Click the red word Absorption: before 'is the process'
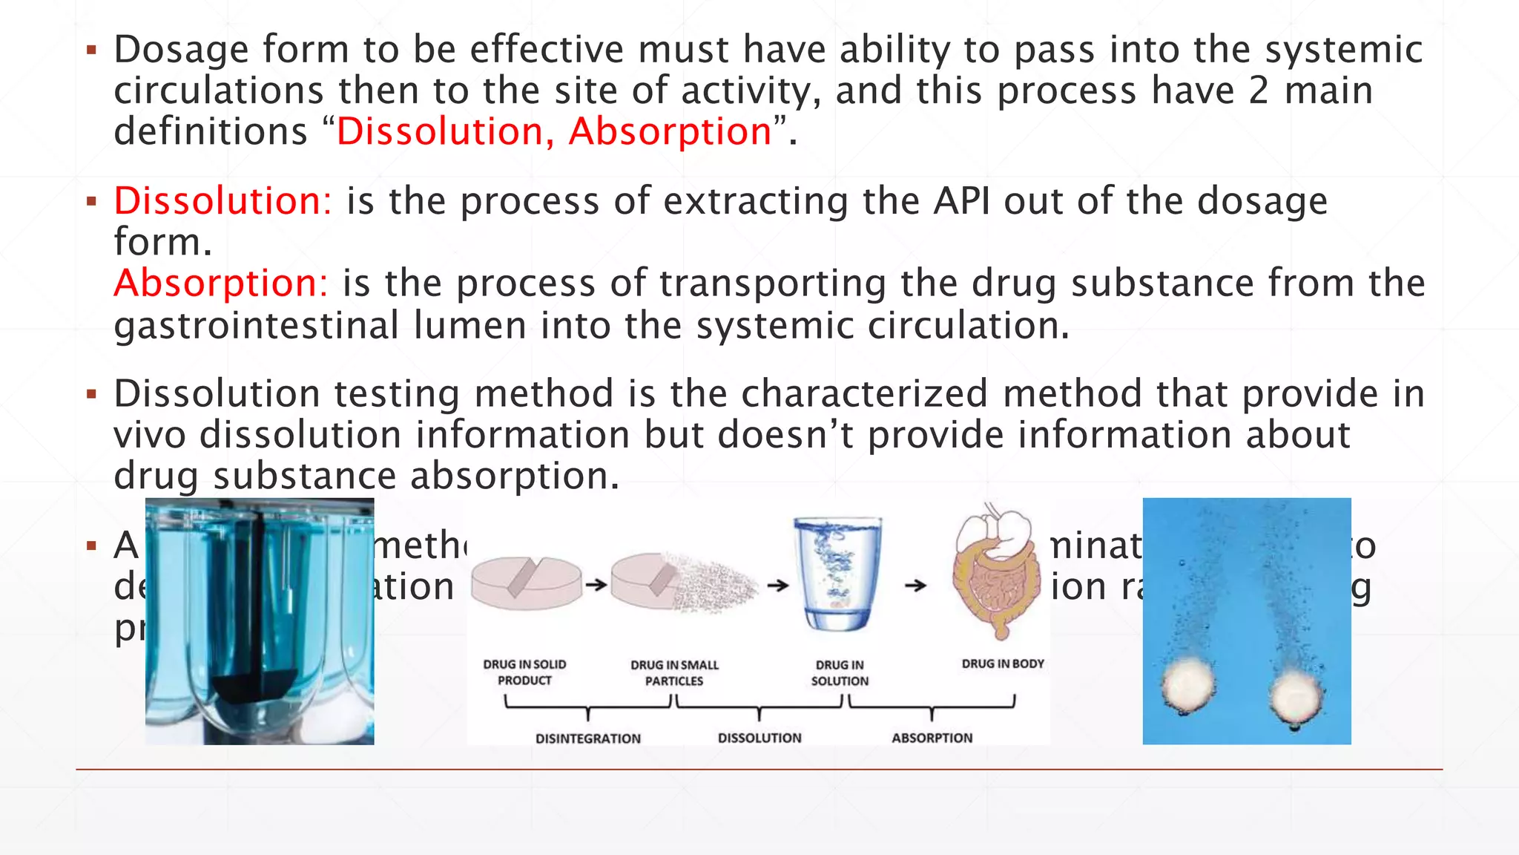[x=220, y=284]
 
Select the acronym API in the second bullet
[x=961, y=201]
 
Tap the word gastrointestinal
[x=257, y=326]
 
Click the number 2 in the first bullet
[x=1259, y=91]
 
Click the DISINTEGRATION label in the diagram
[x=588, y=738]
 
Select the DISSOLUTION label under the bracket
[x=759, y=738]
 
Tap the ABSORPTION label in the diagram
[x=932, y=738]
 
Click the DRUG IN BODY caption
[x=1003, y=664]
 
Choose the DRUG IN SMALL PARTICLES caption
[x=674, y=672]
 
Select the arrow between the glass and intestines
[x=916, y=586]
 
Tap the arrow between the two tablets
[x=596, y=585]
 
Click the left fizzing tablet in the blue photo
[x=1188, y=684]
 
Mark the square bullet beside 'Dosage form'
[x=92, y=50]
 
